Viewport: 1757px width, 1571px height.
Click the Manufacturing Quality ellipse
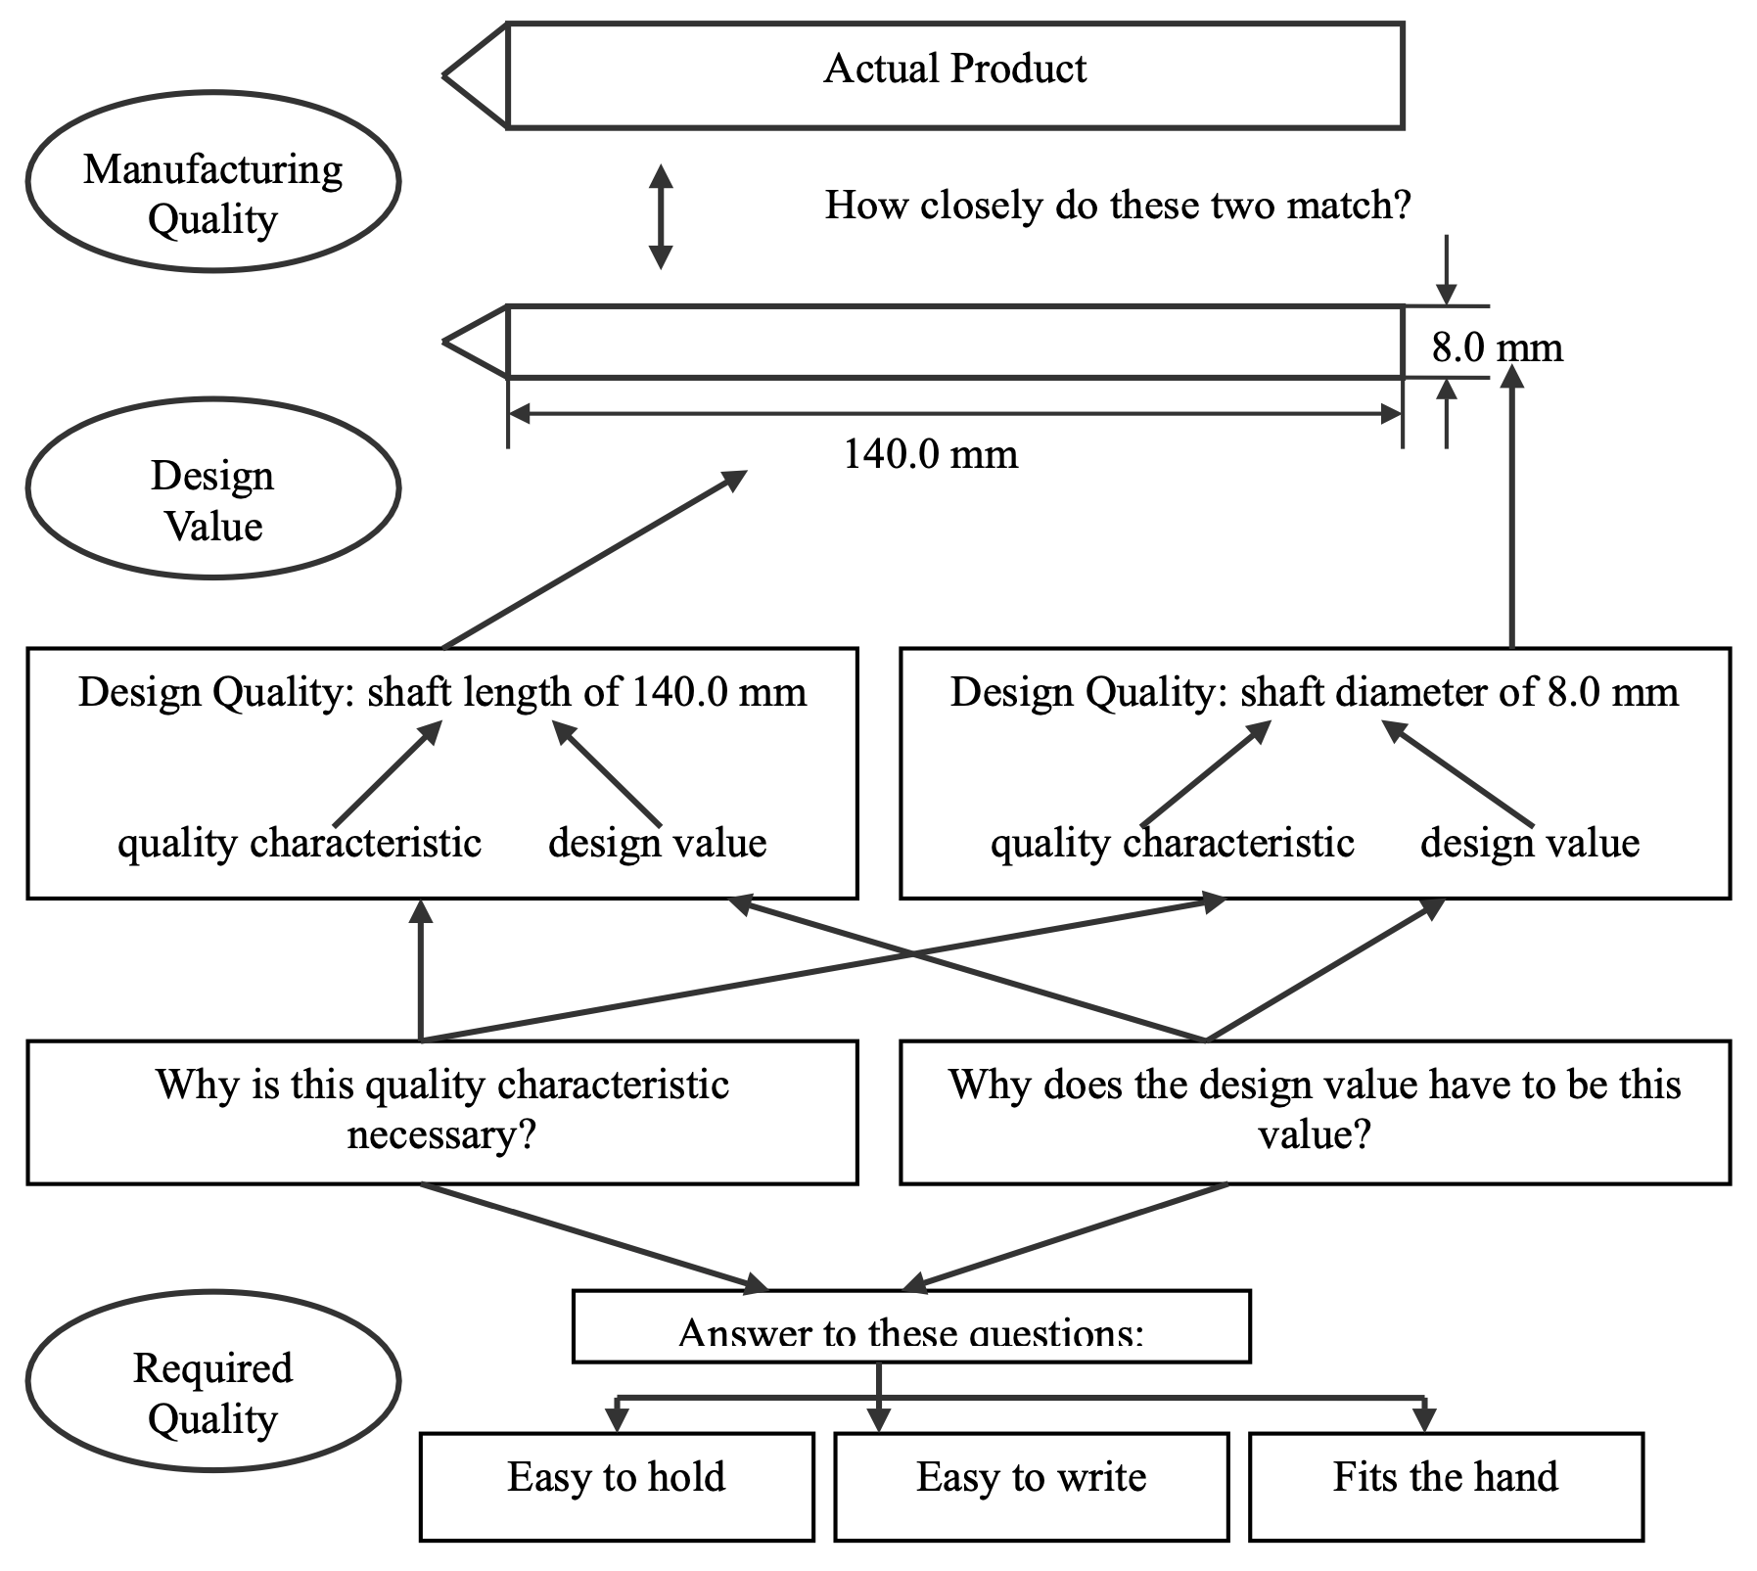[x=212, y=182]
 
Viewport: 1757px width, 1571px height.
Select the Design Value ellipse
[x=212, y=488]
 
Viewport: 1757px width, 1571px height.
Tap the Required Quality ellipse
[x=212, y=1380]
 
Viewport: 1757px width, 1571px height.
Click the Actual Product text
[x=954, y=69]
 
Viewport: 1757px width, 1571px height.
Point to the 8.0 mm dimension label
[x=1497, y=347]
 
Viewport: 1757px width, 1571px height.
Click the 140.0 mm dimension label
[x=930, y=454]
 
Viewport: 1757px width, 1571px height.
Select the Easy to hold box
[x=617, y=1487]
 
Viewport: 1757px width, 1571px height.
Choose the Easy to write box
[x=1031, y=1487]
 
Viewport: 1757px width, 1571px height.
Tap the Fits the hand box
[x=1446, y=1487]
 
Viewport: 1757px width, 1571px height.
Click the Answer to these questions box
[x=910, y=1327]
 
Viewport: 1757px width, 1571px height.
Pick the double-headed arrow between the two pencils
[x=662, y=216]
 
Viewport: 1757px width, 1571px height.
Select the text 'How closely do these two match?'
[x=1118, y=206]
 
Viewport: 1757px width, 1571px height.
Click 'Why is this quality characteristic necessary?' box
[x=442, y=1112]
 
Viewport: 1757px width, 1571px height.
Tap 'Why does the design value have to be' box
[x=1315, y=1112]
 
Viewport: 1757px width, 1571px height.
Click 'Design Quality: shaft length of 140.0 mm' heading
[x=442, y=693]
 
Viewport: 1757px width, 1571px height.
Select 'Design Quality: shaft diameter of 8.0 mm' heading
[x=1315, y=693]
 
